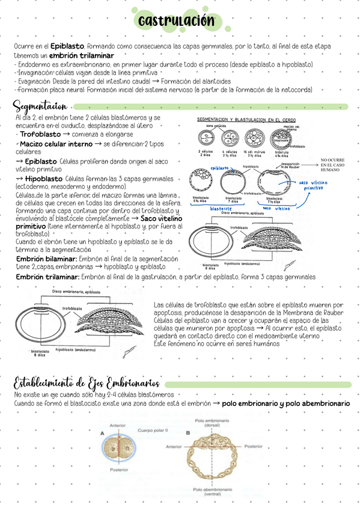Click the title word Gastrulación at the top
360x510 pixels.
(x=175, y=22)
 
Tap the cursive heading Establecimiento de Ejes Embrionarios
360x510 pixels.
(x=87, y=382)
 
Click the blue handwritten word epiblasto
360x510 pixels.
(x=220, y=168)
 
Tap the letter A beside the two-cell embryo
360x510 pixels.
(x=102, y=433)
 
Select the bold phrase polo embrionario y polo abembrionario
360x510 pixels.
(x=285, y=404)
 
